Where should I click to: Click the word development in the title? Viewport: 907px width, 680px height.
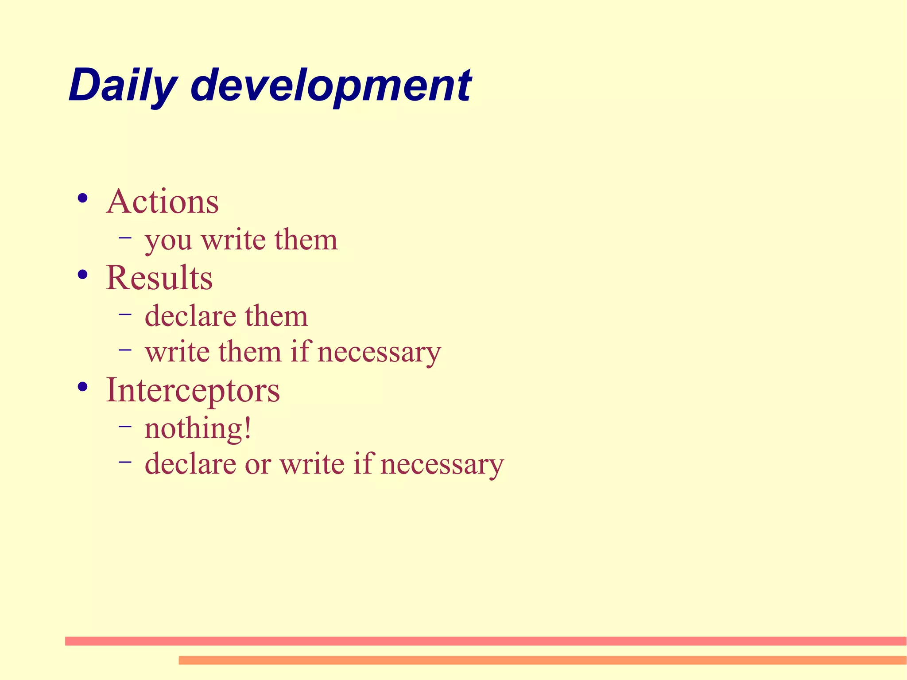(331, 85)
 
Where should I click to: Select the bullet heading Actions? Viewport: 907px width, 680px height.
(163, 202)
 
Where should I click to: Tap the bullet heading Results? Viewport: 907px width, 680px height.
(159, 278)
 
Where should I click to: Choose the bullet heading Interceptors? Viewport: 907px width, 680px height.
(193, 390)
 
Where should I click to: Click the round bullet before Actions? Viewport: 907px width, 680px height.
(82, 198)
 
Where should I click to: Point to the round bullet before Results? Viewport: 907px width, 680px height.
(82, 275)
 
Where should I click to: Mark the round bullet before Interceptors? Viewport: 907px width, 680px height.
(82, 387)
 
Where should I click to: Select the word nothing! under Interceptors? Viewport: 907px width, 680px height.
(198, 429)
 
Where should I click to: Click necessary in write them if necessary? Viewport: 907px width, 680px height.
(379, 353)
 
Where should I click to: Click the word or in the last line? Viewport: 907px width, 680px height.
(257, 465)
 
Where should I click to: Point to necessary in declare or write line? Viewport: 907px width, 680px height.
(442, 465)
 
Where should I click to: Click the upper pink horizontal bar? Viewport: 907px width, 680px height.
(485, 641)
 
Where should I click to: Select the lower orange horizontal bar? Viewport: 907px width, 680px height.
(543, 660)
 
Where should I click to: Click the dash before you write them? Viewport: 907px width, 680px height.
(125, 238)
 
